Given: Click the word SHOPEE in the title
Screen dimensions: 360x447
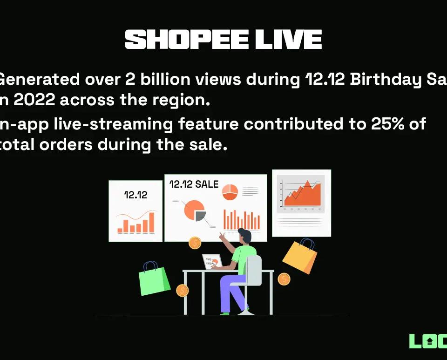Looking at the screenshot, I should pos(186,40).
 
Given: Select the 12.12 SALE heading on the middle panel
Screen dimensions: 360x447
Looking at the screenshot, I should pos(194,184).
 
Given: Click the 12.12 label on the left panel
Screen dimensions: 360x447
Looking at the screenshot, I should pos(135,195).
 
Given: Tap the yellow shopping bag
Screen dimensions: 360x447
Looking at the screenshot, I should pos(300,255).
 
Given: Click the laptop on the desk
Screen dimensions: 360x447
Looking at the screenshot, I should pos(211,261).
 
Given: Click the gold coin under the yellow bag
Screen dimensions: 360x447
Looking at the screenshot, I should pos(284,279).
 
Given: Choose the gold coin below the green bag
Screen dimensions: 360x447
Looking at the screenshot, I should pos(183,291).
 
